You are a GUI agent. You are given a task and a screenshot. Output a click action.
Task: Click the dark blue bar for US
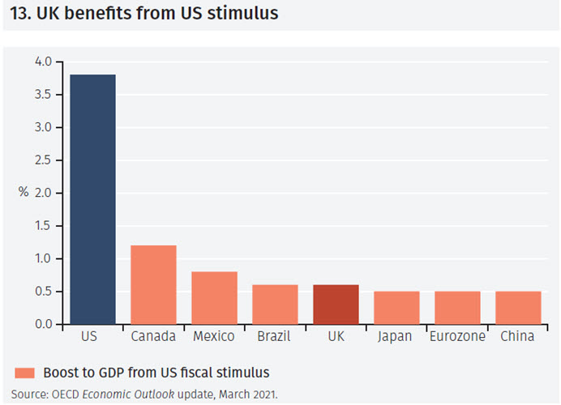92,199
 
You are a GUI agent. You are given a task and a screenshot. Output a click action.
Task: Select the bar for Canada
153,284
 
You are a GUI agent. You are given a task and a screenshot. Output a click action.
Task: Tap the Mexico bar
214,298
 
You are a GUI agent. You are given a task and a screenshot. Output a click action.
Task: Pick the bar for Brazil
275,305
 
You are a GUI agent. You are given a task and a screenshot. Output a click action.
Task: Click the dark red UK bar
336,305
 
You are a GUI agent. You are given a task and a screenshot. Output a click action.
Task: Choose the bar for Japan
396,308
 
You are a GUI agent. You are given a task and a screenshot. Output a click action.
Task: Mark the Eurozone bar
457,308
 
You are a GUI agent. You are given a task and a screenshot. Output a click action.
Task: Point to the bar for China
518,308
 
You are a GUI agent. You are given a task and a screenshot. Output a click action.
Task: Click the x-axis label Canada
153,336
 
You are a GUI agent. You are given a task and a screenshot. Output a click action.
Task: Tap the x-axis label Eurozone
457,336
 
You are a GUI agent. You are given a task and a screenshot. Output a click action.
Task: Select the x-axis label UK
336,336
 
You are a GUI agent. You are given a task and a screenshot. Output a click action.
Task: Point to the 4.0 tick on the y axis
43,62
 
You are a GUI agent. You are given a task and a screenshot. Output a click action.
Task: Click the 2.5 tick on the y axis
43,160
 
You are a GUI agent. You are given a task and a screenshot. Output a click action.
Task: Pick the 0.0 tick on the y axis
43,325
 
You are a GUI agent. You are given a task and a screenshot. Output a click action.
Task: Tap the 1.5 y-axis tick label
43,226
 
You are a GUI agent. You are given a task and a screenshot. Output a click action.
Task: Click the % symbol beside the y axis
23,193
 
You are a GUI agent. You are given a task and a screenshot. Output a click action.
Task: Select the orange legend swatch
24,373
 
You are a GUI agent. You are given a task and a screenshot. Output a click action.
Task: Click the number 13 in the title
17,15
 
